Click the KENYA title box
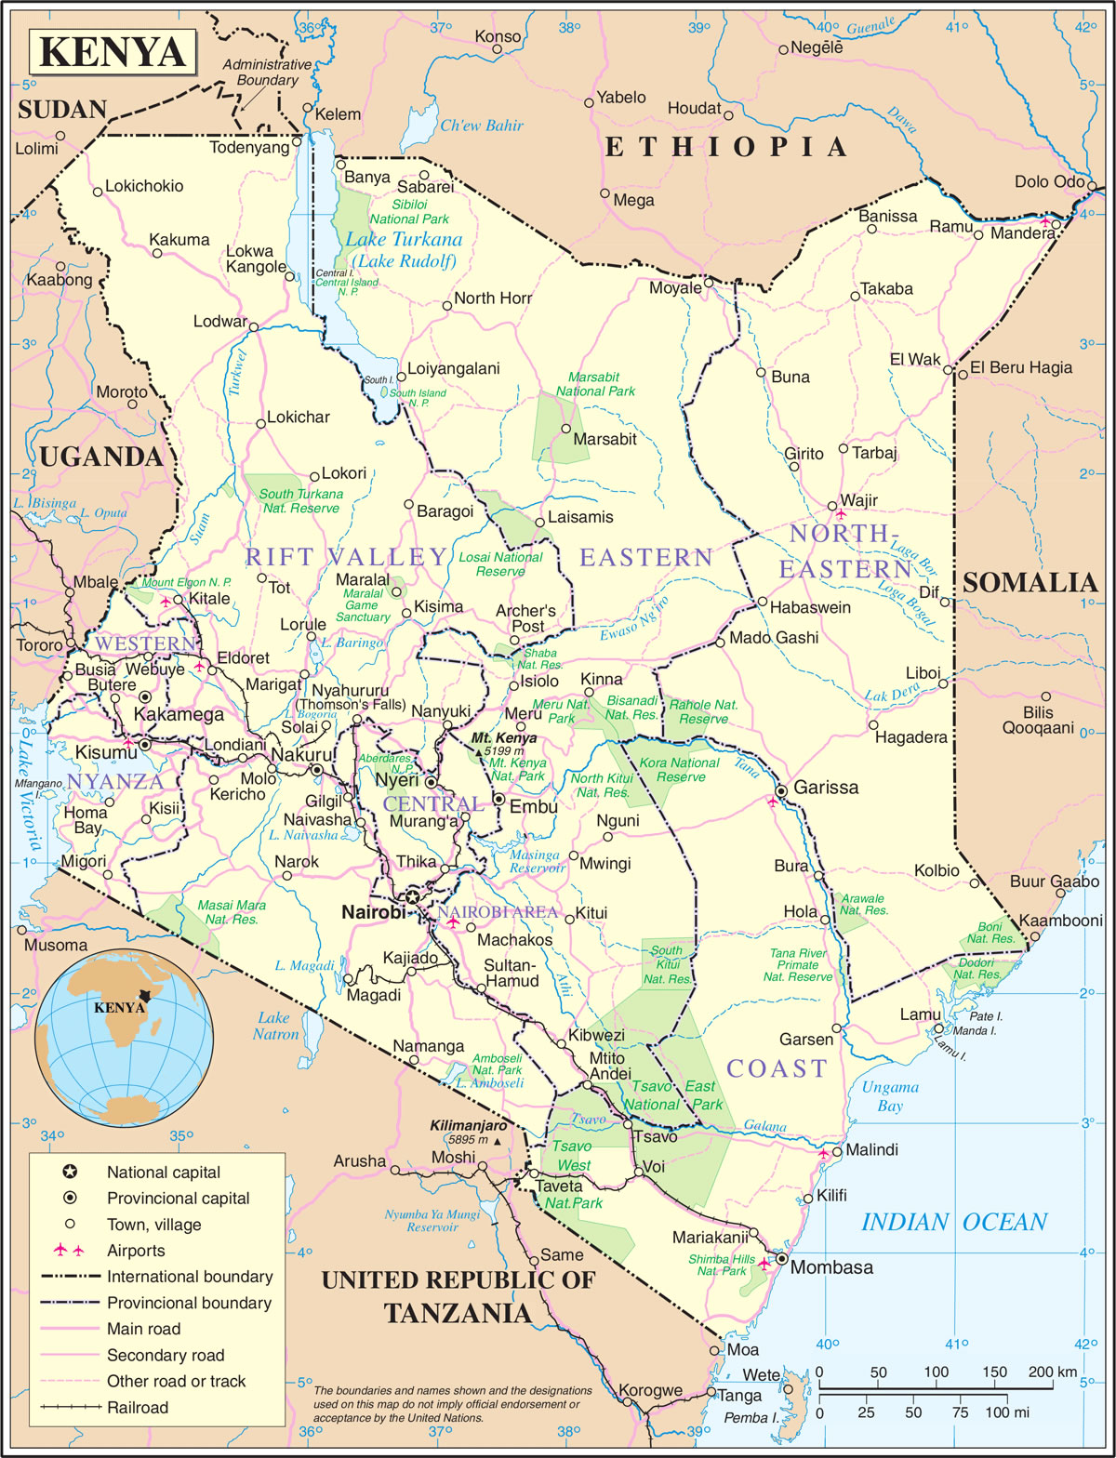pyautogui.click(x=113, y=51)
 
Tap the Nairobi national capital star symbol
pyautogui.click(x=412, y=897)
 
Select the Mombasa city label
pyautogui.click(x=831, y=1267)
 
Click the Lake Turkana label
pyautogui.click(x=404, y=240)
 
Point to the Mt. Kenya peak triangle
pyautogui.click(x=480, y=750)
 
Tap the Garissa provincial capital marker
pyautogui.click(x=781, y=790)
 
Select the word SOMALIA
pyautogui.click(x=1030, y=583)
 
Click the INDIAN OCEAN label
pyautogui.click(x=954, y=1222)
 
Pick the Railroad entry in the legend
pyautogui.click(x=138, y=1408)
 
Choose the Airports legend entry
pyautogui.click(x=136, y=1251)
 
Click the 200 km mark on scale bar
pyautogui.click(x=1053, y=1372)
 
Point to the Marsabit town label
pyautogui.click(x=604, y=439)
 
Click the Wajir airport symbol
pyautogui.click(x=842, y=514)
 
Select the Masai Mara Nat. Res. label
pyautogui.click(x=232, y=912)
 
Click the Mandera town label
pyautogui.click(x=1022, y=233)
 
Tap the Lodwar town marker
pyautogui.click(x=253, y=326)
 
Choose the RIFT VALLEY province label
pyautogui.click(x=346, y=557)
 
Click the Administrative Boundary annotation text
pyautogui.click(x=267, y=73)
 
